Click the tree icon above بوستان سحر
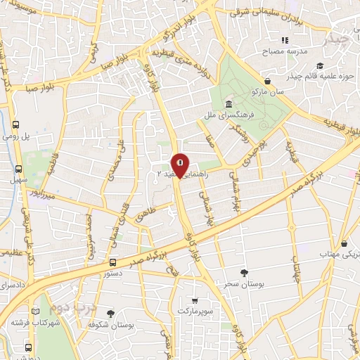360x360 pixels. coord(244,272)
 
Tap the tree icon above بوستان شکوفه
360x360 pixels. coord(110,314)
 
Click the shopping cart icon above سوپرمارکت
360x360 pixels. coord(195,298)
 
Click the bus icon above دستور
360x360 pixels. coord(112,262)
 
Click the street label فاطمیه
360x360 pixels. coord(51,161)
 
